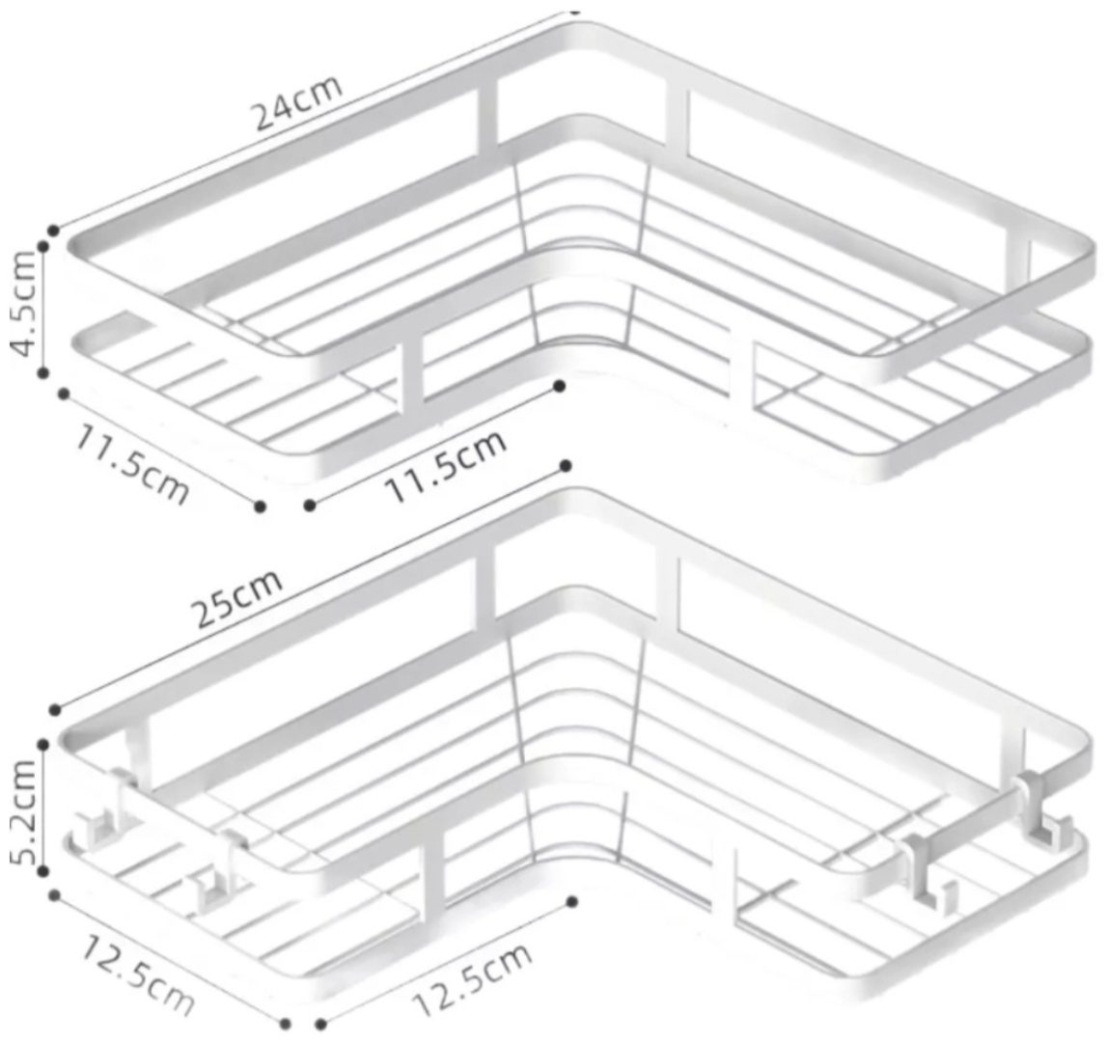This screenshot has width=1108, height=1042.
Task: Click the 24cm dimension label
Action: [298, 102]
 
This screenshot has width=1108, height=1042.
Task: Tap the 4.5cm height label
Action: [23, 303]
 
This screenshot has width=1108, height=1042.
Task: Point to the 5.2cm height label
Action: [23, 811]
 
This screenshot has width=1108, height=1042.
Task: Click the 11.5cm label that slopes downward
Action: [132, 463]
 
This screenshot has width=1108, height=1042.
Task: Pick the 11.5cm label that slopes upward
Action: [445, 466]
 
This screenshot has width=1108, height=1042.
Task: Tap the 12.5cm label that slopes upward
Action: [471, 979]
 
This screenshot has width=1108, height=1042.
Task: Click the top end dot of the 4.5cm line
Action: [43, 247]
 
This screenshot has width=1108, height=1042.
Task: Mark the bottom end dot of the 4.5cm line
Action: [43, 372]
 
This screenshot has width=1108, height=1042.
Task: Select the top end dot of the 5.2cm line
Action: [43, 745]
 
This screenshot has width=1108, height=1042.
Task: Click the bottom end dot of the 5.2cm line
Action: [43, 872]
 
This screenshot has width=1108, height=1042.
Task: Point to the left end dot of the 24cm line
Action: [54, 231]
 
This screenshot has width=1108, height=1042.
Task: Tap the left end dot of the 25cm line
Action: [55, 710]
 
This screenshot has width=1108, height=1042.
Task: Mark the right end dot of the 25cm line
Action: [566, 466]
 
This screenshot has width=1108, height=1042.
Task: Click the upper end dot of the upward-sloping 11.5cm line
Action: [560, 386]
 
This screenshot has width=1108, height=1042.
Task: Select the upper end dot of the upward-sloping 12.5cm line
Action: [572, 901]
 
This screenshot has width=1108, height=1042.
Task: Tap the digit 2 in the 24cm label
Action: [265, 118]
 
